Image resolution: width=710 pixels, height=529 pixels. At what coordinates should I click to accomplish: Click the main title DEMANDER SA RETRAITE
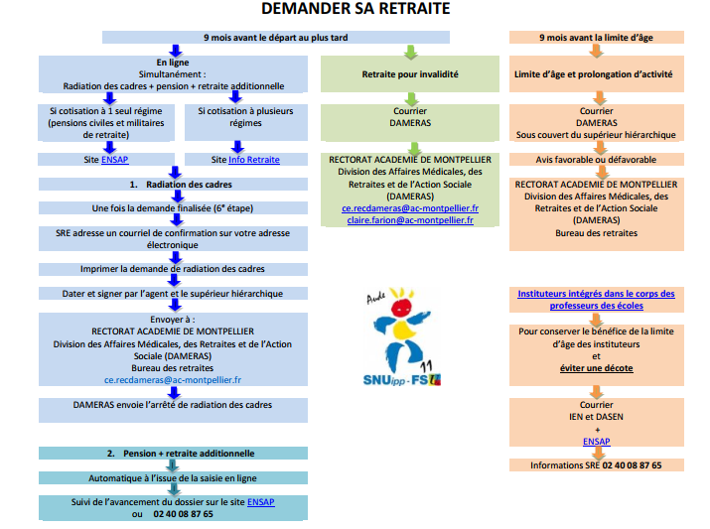(355, 9)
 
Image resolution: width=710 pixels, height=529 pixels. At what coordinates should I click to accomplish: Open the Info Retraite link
(254, 159)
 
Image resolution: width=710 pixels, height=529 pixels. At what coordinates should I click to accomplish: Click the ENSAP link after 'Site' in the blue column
(114, 159)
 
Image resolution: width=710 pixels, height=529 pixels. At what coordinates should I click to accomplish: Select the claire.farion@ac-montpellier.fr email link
(410, 220)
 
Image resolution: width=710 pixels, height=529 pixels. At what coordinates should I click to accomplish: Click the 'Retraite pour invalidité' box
(410, 74)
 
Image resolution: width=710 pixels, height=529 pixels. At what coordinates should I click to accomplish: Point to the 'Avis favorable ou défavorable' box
(597, 159)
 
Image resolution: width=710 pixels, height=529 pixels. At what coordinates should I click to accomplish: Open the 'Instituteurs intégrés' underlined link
(597, 300)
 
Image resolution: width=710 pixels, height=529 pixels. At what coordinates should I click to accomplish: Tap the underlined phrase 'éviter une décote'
(597, 368)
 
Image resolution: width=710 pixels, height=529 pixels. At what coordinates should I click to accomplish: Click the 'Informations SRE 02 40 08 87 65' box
(597, 465)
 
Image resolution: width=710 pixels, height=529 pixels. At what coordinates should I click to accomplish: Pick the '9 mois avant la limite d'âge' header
(597, 37)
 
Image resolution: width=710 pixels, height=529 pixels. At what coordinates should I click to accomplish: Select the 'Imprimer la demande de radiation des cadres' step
(173, 269)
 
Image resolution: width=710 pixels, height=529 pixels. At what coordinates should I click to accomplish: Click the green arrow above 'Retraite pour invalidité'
(411, 52)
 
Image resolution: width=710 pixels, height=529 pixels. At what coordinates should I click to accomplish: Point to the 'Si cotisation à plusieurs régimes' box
(246, 122)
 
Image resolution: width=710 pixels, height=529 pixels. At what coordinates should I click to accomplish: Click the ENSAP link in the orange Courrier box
(597, 442)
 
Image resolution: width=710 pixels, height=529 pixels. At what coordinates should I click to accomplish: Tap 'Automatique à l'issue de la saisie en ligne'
(173, 477)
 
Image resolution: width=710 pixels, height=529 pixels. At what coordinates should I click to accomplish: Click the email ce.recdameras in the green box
(410, 208)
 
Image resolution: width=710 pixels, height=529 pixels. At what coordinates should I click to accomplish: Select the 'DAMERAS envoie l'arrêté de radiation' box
(173, 410)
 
